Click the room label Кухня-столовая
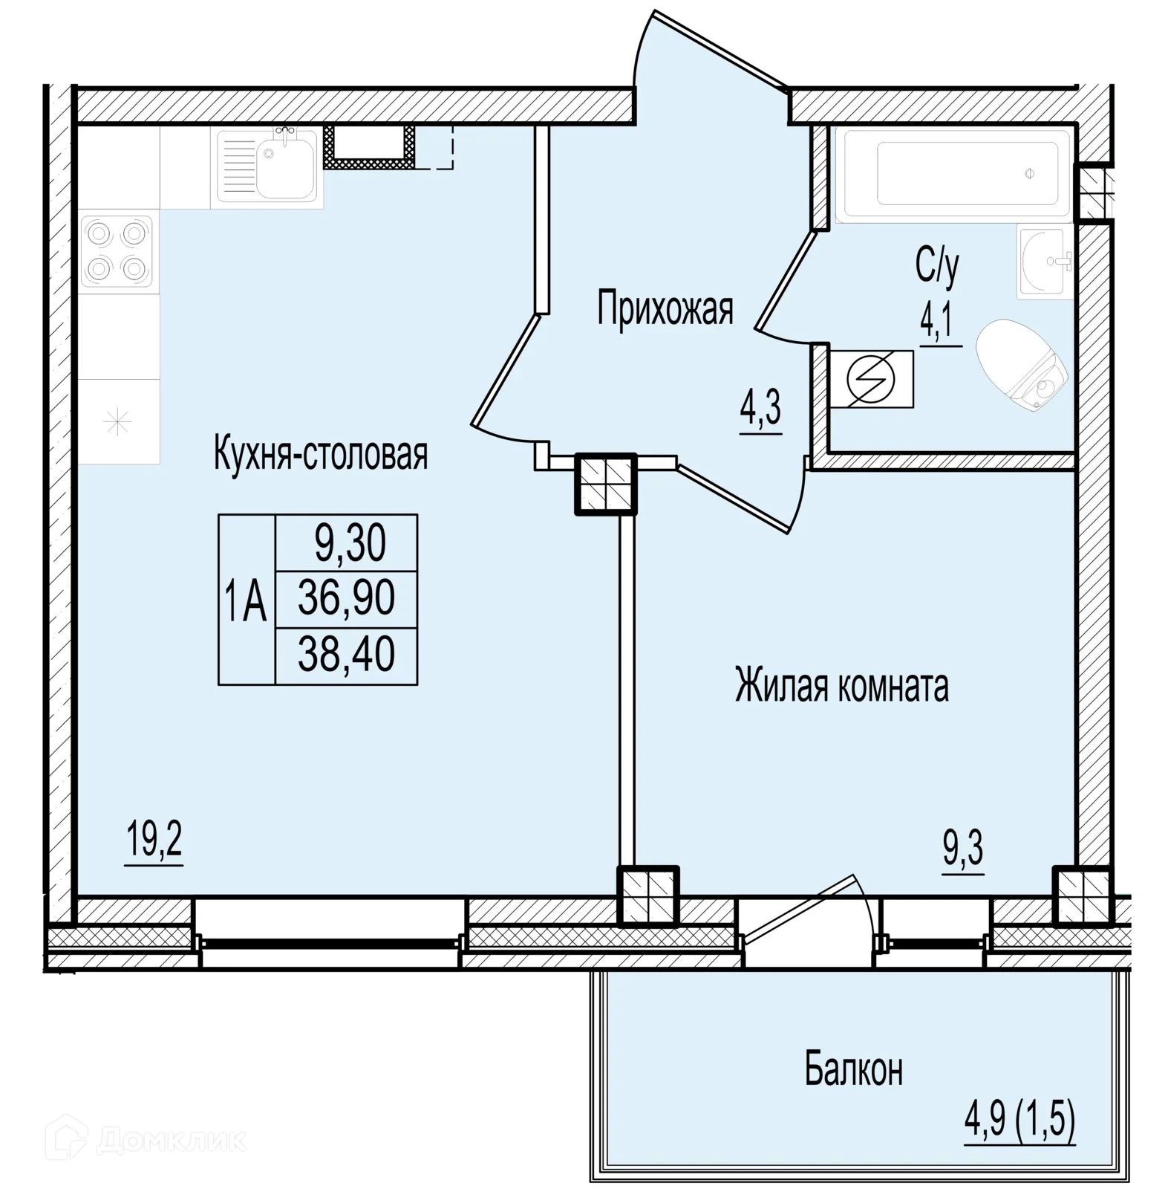[321, 454]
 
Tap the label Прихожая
[665, 309]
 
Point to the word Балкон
[854, 1070]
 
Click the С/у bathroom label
[937, 266]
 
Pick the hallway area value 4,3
[761, 409]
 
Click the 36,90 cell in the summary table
[346, 599]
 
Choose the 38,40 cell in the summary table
[346, 656]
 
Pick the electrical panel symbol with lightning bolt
[872, 379]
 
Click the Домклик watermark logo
[146, 1141]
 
